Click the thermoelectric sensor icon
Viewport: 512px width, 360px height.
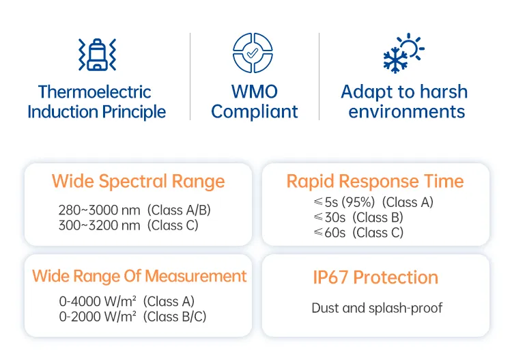(x=97, y=55)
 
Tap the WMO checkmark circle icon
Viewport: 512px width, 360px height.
(x=253, y=53)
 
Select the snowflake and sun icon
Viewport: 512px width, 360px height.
(x=403, y=53)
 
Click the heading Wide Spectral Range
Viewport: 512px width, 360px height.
(x=138, y=182)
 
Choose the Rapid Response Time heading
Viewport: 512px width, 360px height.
(x=375, y=181)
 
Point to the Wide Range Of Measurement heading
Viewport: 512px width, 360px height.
(x=139, y=276)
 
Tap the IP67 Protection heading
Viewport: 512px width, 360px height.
(x=375, y=277)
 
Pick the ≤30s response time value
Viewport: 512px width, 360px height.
(x=330, y=217)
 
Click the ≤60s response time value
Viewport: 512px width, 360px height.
(x=330, y=232)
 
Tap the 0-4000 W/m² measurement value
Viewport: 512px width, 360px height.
(x=98, y=301)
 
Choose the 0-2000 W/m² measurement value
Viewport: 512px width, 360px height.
(x=98, y=316)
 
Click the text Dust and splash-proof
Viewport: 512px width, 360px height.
(x=377, y=308)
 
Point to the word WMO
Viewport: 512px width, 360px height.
(x=255, y=92)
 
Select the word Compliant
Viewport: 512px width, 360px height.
(x=255, y=112)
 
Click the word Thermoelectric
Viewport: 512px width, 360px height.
(x=95, y=92)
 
